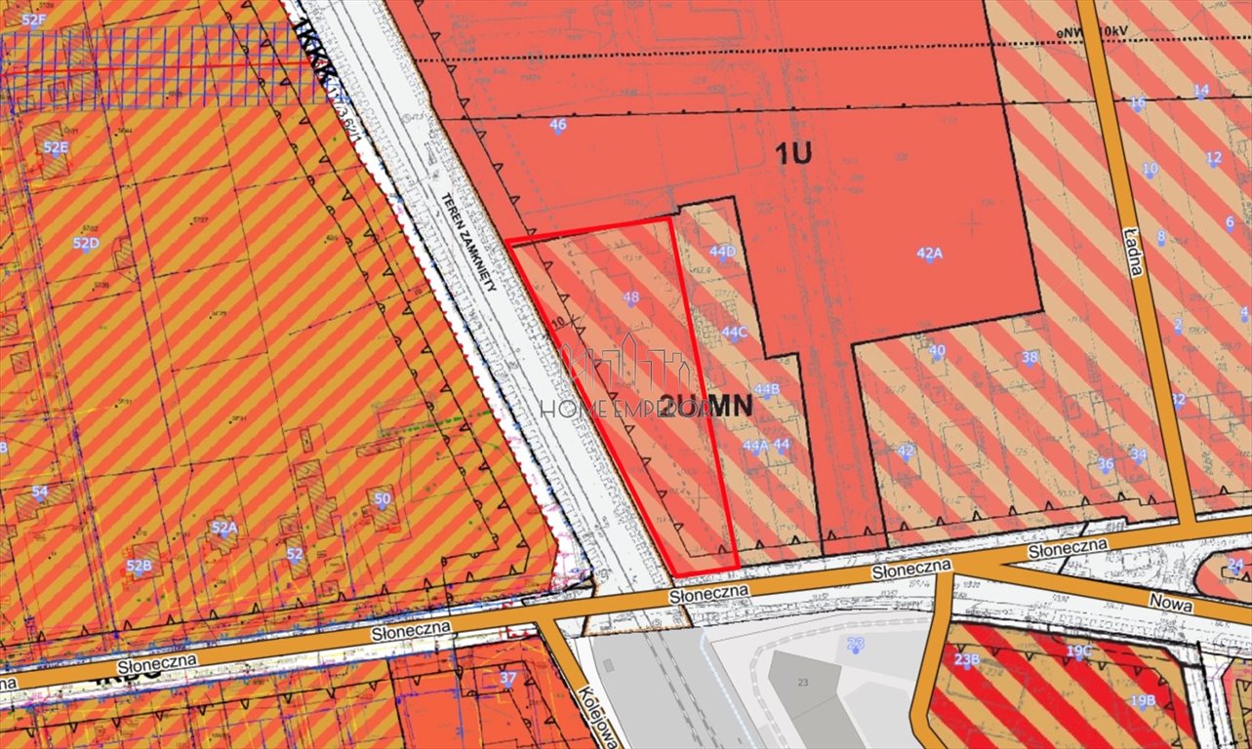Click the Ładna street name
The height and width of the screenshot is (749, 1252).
(1134, 252)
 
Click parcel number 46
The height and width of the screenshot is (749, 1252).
(558, 125)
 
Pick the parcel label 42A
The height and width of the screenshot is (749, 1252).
(929, 253)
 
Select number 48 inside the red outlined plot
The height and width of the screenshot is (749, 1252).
(630, 297)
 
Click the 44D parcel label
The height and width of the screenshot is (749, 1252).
(722, 252)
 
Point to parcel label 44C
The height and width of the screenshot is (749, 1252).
(734, 332)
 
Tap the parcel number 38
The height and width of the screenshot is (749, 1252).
(1030, 357)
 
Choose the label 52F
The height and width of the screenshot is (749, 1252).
(33, 20)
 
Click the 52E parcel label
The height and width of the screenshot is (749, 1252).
(56, 147)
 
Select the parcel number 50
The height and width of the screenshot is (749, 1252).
(383, 499)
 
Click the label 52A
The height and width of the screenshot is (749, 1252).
(224, 528)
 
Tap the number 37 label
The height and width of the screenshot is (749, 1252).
(507, 678)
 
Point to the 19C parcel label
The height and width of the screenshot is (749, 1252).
(1079, 650)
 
